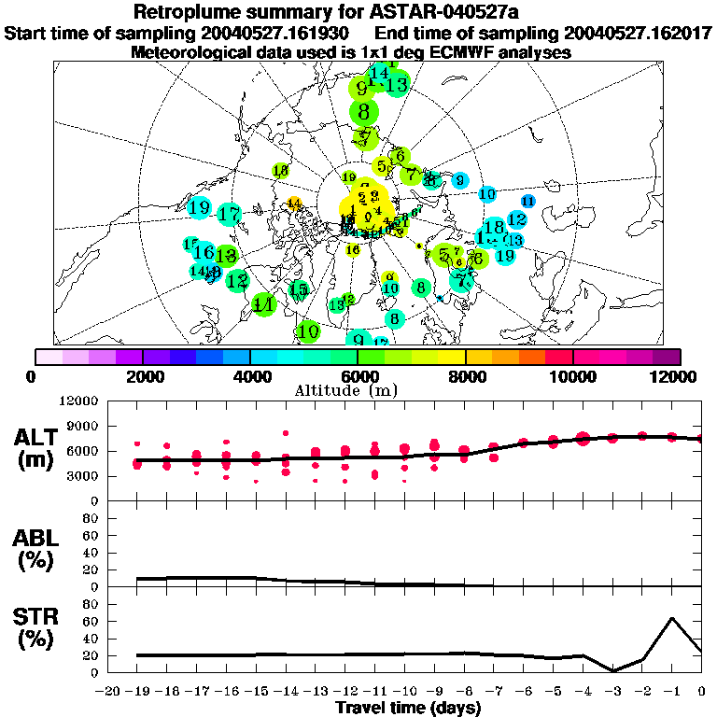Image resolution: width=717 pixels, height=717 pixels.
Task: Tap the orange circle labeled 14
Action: tap(294, 204)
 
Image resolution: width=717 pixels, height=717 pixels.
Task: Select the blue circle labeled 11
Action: tap(527, 201)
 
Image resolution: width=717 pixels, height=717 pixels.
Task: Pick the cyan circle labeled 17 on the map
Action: tap(229, 214)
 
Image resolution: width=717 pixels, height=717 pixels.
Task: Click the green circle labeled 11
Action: tap(264, 304)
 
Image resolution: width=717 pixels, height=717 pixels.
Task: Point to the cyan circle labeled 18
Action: tap(495, 227)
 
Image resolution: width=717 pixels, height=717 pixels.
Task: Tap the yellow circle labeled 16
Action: tap(353, 249)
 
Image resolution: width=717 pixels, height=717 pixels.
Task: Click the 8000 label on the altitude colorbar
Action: tap(465, 376)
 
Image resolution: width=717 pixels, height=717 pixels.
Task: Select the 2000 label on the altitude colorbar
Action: tap(142, 376)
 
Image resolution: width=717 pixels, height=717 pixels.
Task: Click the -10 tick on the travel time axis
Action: tap(404, 692)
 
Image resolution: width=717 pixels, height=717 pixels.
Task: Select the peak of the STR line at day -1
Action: tap(671, 618)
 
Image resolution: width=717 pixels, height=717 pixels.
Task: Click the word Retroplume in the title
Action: tap(187, 12)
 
